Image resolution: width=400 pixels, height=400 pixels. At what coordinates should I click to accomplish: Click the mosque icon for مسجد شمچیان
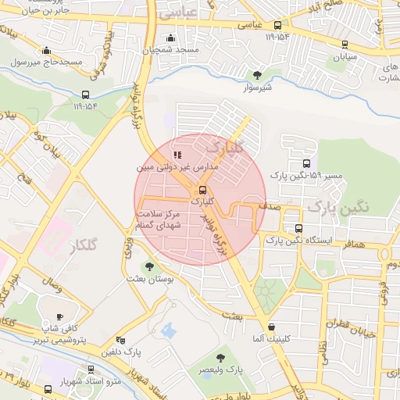tap(170, 37)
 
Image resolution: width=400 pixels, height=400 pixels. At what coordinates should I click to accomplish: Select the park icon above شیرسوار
tap(257, 75)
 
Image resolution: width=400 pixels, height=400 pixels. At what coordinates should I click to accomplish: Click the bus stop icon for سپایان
tap(345, 45)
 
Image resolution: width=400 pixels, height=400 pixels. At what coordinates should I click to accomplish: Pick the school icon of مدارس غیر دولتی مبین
tap(177, 155)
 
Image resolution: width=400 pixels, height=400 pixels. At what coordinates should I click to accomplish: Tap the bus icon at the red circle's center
tap(202, 189)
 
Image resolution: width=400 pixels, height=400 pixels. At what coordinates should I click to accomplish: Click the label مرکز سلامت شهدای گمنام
tap(159, 219)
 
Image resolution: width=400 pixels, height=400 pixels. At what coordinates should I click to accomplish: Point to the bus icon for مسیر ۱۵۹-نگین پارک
tap(306, 165)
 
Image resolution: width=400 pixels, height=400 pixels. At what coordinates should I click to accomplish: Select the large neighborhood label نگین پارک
tap(337, 206)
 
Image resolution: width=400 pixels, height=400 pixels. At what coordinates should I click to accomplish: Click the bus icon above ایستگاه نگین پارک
tap(298, 228)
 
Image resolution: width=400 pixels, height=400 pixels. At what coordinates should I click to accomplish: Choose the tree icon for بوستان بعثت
tap(149, 266)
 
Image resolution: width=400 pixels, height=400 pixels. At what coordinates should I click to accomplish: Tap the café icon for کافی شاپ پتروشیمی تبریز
tap(59, 316)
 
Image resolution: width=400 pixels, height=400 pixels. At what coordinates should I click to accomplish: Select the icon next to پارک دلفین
tap(120, 340)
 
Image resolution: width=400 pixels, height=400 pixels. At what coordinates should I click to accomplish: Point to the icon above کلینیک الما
tap(271, 327)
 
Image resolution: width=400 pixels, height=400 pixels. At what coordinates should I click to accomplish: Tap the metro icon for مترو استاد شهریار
tap(48, 388)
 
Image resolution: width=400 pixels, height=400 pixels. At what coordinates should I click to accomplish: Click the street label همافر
tap(353, 245)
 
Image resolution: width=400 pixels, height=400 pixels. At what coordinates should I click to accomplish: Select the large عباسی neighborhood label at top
tap(177, 14)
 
